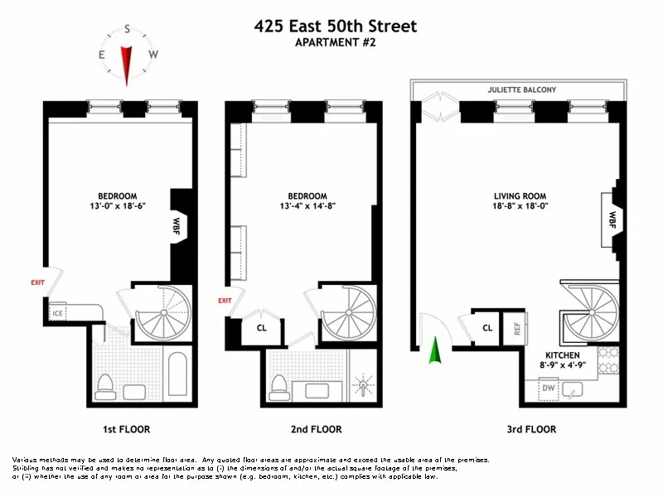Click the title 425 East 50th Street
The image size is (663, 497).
336,27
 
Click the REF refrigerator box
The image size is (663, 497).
517,328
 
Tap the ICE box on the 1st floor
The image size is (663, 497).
58,314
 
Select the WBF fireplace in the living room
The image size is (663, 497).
612,220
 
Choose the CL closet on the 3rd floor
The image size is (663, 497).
488,328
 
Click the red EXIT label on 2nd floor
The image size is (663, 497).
225,301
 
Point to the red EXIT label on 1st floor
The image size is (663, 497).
37,282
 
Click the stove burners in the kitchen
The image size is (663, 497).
607,360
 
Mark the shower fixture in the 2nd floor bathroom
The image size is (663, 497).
364,386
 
